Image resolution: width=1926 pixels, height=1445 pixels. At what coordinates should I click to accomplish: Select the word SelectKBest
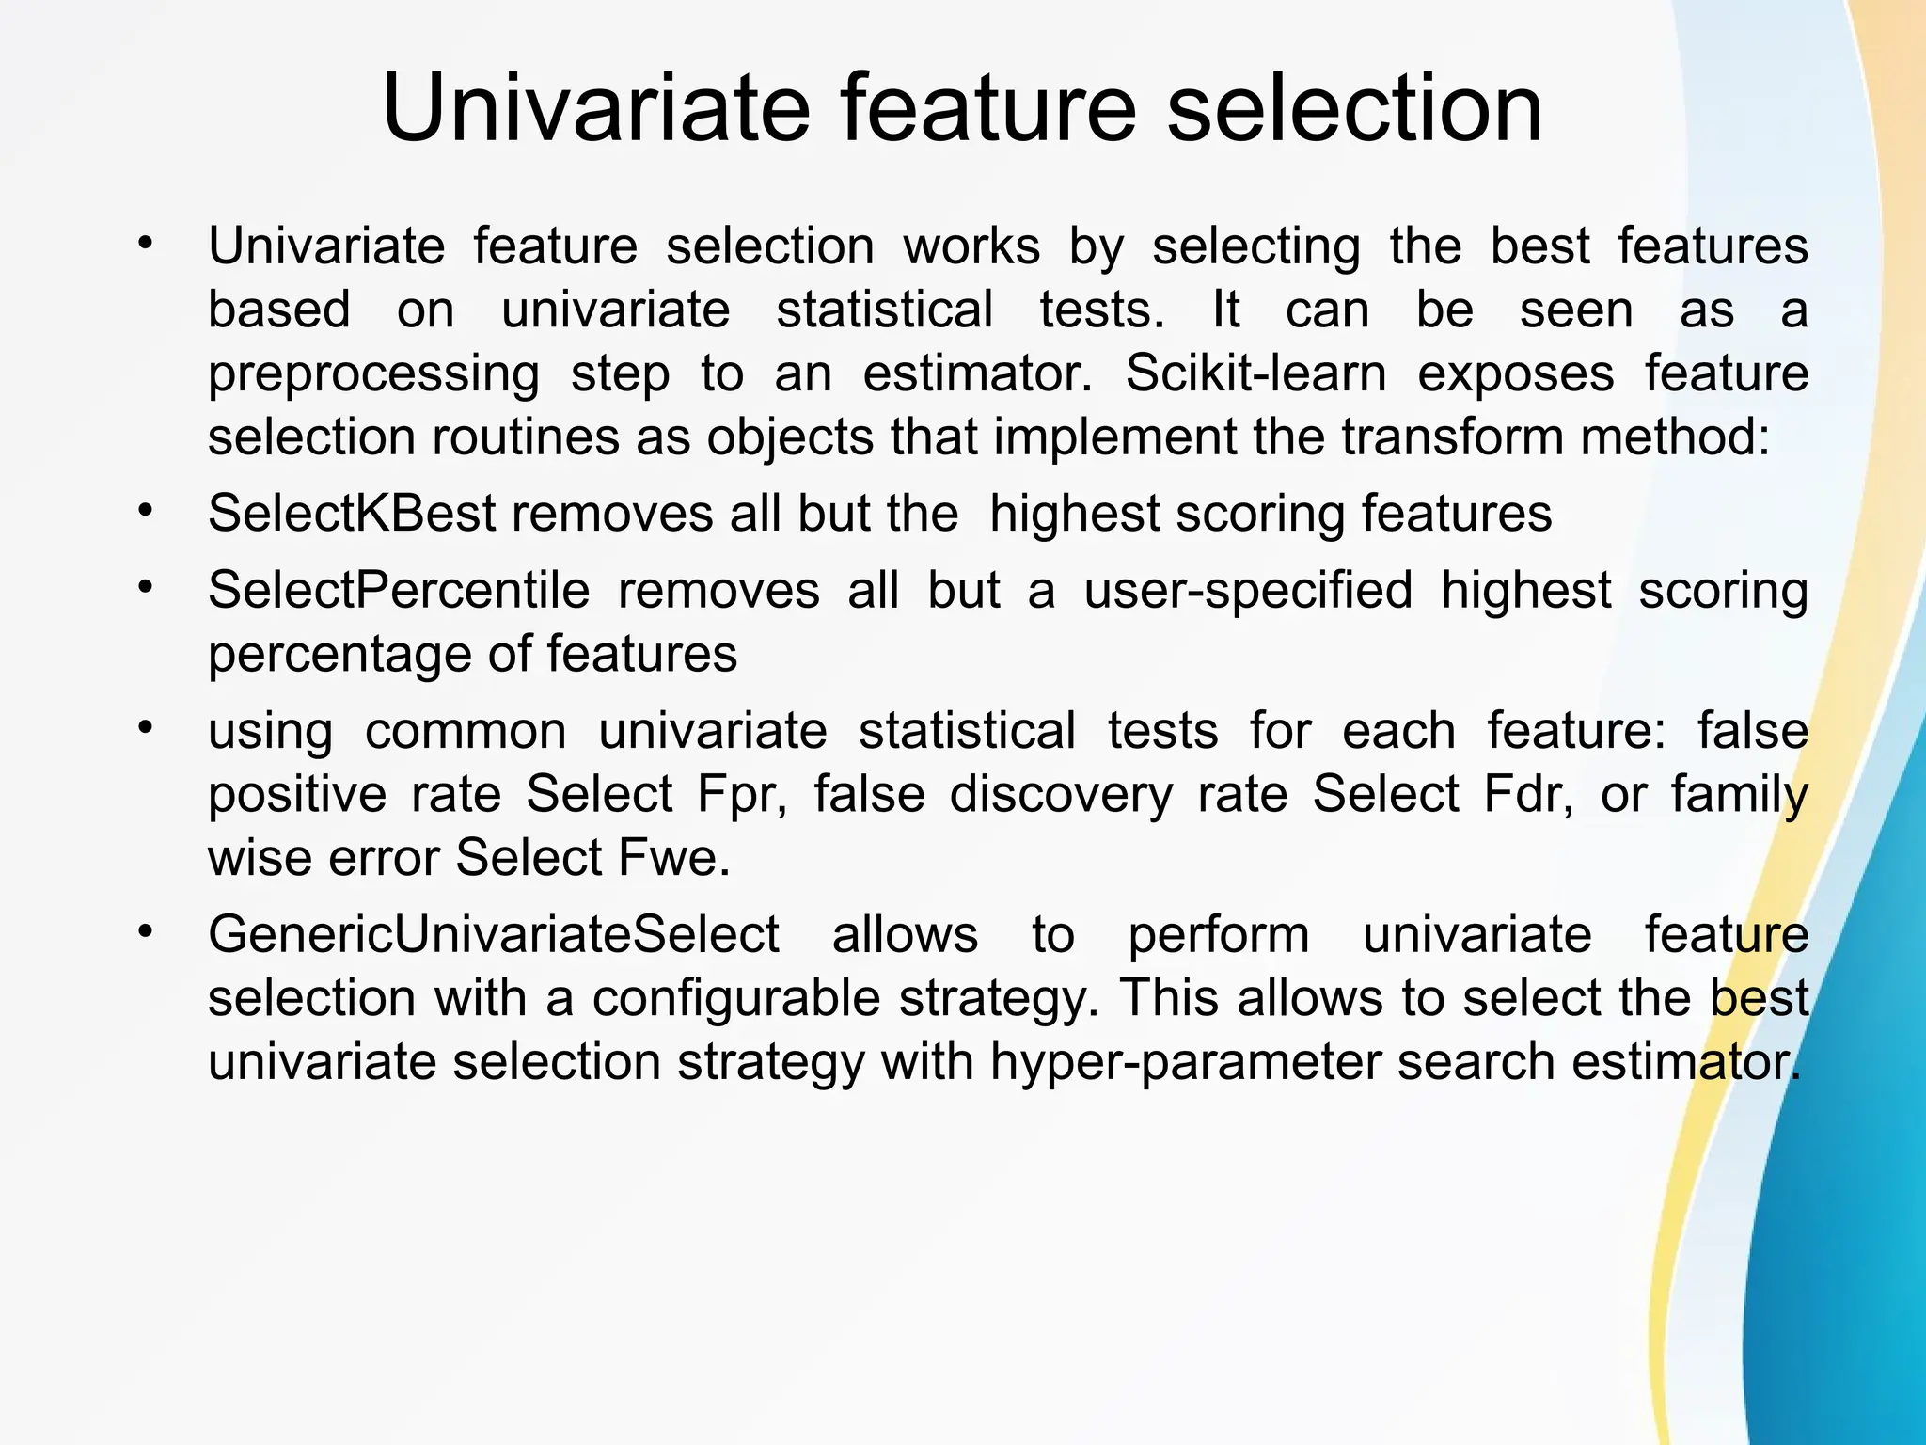pyautogui.click(x=352, y=514)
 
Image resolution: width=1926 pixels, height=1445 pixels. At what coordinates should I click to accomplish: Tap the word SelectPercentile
pyautogui.click(x=399, y=591)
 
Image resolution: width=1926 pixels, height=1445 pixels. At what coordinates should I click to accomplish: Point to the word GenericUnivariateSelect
pyautogui.click(x=494, y=934)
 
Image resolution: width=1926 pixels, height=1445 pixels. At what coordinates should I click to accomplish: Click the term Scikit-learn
pyautogui.click(x=1255, y=373)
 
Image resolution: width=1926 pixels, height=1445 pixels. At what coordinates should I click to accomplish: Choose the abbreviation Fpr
pyautogui.click(x=741, y=795)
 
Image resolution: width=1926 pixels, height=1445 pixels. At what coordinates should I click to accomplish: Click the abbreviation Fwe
pyautogui.click(x=673, y=858)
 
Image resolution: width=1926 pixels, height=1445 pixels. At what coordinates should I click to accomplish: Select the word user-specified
pyautogui.click(x=1248, y=591)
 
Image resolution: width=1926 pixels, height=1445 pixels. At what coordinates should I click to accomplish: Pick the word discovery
pyautogui.click(x=1061, y=795)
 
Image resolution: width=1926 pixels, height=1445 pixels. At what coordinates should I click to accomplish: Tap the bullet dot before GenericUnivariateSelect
pyautogui.click(x=144, y=931)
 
